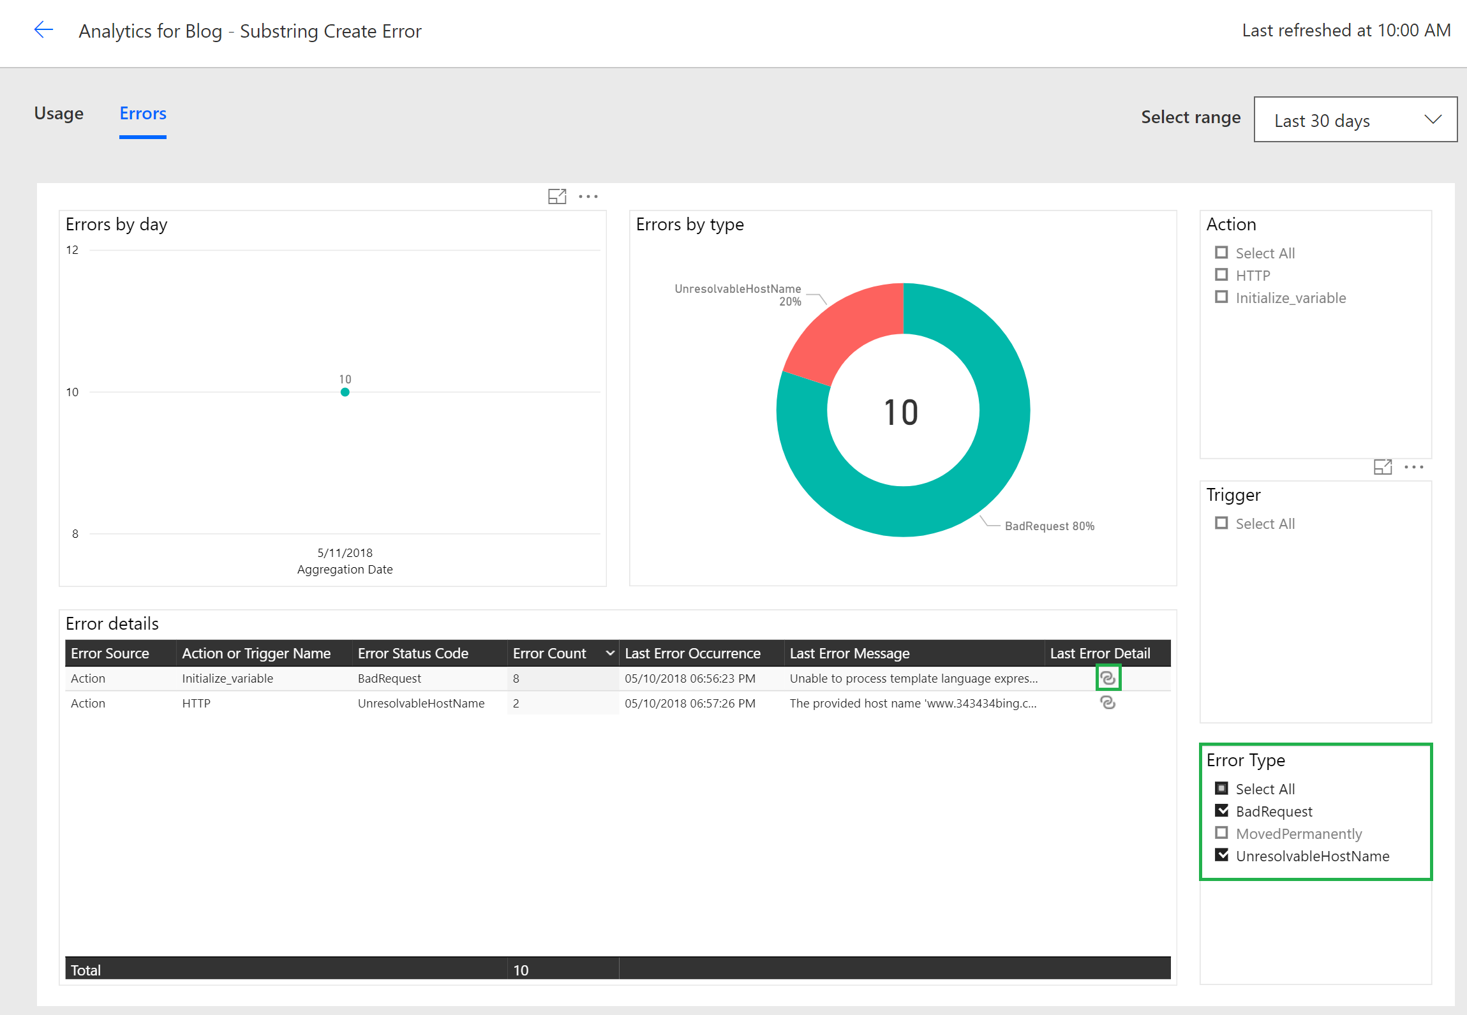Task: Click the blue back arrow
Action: (x=43, y=30)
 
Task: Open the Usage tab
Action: (x=59, y=114)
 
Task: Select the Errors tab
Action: (x=143, y=114)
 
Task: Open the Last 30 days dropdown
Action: (x=1355, y=120)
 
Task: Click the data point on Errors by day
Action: (x=345, y=392)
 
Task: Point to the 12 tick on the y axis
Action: (x=72, y=250)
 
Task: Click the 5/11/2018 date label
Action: (x=345, y=552)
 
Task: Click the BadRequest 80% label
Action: (x=1049, y=526)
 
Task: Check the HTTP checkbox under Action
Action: (x=1221, y=275)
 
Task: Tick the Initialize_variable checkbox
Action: (x=1221, y=297)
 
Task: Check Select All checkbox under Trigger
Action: (x=1221, y=523)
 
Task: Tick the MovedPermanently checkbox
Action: (x=1221, y=833)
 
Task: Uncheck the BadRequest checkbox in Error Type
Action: (x=1221, y=811)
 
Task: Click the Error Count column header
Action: (x=549, y=653)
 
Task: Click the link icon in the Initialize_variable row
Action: (x=1108, y=678)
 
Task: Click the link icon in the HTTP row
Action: (x=1108, y=703)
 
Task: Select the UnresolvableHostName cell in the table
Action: (x=421, y=703)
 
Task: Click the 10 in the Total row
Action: (x=521, y=970)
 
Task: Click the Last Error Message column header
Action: (x=849, y=653)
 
